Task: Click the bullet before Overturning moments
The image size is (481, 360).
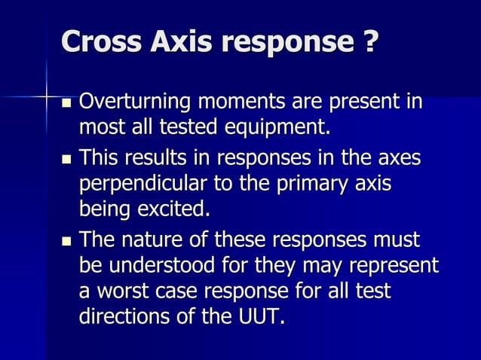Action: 67,102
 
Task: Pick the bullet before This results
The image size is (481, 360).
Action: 67,160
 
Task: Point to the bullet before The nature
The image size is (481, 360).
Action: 67,242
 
